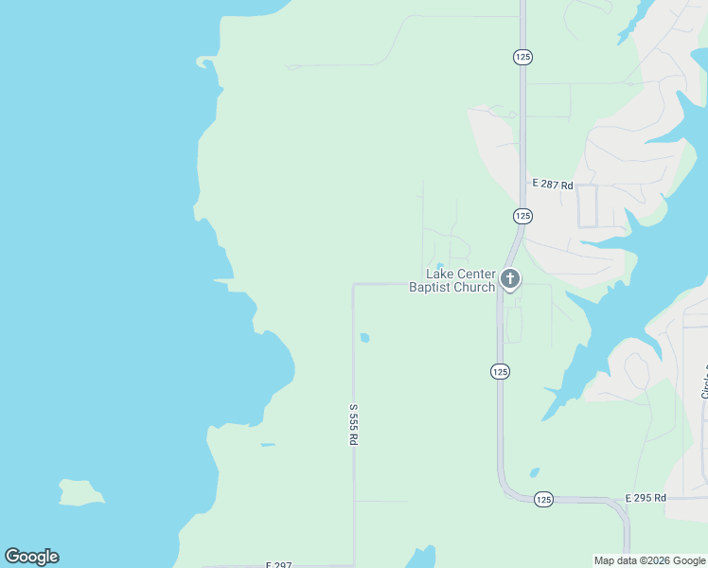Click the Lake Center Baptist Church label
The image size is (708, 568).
[451, 280]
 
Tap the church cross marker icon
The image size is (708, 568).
[510, 279]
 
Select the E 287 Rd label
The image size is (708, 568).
[553, 185]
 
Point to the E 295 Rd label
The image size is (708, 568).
[646, 498]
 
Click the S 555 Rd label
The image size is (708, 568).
[354, 426]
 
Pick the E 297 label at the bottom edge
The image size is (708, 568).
[278, 564]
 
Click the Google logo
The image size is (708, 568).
[31, 557]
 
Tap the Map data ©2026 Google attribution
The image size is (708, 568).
[649, 560]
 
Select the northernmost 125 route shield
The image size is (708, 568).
[522, 57]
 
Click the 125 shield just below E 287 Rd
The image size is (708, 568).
[522, 216]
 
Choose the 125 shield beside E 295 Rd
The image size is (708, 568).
[543, 499]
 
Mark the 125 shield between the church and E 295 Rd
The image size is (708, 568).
[500, 372]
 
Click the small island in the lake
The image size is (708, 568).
[80, 492]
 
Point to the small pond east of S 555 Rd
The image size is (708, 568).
[364, 337]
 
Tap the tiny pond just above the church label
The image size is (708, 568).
[439, 266]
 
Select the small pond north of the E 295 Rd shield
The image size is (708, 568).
[535, 472]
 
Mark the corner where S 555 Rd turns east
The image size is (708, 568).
[354, 284]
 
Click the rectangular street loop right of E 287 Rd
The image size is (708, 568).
[587, 205]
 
